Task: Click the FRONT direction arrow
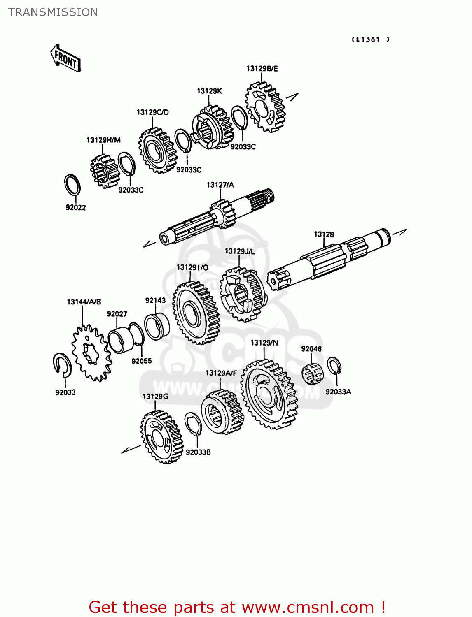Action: coord(65,58)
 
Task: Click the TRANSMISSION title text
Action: coord(53,12)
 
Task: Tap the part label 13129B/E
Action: coord(262,69)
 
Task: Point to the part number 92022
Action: coord(76,207)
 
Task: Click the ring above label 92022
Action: coord(72,185)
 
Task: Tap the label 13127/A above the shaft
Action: coord(220,185)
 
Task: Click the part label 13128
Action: coord(324,234)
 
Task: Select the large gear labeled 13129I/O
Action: coord(195,313)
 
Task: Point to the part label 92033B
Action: coord(198,452)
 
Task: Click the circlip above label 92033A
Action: coord(334,366)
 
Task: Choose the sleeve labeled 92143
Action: coord(157,326)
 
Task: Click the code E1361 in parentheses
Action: coord(371,39)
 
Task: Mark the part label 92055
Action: coord(142,361)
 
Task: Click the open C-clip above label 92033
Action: coord(62,364)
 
